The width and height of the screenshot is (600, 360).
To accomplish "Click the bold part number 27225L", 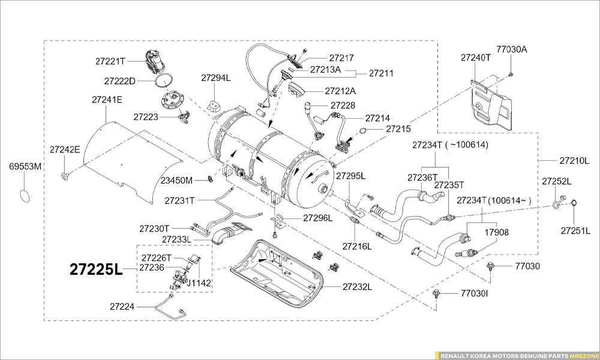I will tap(96, 269).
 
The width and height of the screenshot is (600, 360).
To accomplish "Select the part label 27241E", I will tap(107, 100).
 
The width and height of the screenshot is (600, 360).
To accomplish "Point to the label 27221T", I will tap(110, 61).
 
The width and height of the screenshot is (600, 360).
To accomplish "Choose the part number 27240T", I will tap(476, 58).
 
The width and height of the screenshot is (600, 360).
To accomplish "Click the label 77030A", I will tap(511, 49).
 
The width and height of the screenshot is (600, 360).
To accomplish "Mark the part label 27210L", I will tap(575, 161).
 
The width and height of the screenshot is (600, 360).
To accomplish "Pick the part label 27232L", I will tap(358, 287).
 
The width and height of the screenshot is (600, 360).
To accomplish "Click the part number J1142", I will tap(200, 281).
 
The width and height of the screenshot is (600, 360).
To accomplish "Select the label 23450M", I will tap(176, 180).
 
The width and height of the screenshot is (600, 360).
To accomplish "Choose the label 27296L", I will tap(317, 218).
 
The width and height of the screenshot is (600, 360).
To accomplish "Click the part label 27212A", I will tap(340, 91).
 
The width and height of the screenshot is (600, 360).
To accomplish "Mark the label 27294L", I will tap(216, 78).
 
